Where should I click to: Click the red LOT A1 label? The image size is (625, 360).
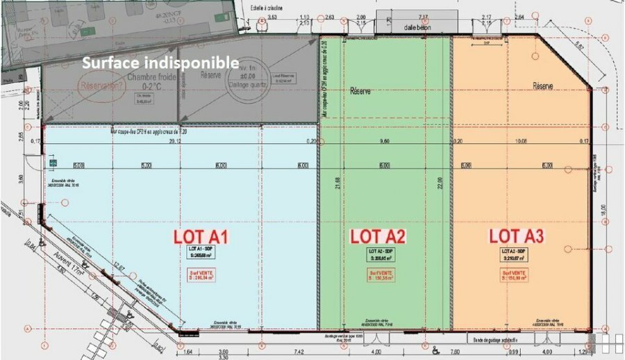pos(201,236)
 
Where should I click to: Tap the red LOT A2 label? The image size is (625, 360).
pos(378,236)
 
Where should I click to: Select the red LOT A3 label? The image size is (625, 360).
pos(517,236)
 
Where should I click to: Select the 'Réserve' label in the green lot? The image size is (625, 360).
pos(360,91)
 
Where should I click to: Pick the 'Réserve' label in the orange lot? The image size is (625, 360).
pos(543,86)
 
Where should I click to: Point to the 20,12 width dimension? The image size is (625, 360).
pos(175,140)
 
